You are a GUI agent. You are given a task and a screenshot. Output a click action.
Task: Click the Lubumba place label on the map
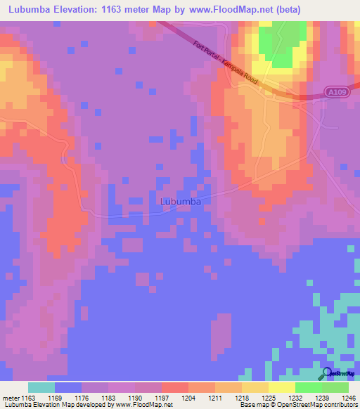[x=181, y=202]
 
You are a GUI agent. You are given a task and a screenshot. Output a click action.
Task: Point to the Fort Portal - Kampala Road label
[x=226, y=65]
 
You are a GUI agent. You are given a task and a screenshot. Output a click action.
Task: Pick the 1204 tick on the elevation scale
[x=189, y=398]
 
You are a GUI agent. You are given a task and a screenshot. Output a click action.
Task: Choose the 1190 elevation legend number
[x=136, y=398]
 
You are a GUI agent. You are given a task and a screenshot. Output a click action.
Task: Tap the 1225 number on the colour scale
[x=243, y=398]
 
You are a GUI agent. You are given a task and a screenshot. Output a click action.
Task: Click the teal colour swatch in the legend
[x=41, y=387]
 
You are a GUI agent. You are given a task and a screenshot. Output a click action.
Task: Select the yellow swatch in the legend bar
[x=281, y=387]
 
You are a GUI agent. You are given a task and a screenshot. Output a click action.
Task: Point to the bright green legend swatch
[x=308, y=387]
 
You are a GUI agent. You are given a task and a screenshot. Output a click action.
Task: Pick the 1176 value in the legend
[x=82, y=398]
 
